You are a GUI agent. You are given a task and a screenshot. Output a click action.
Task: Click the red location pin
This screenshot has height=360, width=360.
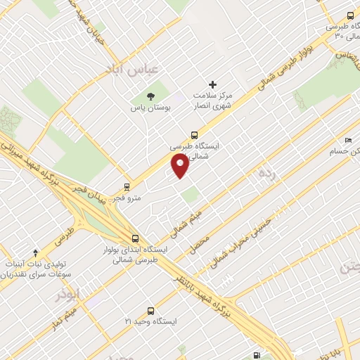click(x=181, y=166)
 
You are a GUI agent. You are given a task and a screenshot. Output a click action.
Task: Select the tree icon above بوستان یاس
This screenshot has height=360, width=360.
click(x=150, y=96)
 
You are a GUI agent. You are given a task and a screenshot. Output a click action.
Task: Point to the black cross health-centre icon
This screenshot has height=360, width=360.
click(x=213, y=84)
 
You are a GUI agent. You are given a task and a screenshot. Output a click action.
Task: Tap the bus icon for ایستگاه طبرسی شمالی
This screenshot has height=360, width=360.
click(x=194, y=135)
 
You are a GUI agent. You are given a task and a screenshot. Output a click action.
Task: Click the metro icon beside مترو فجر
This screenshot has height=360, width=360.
click(x=127, y=187)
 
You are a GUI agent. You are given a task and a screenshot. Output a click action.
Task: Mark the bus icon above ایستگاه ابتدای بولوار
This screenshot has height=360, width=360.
click(x=135, y=238)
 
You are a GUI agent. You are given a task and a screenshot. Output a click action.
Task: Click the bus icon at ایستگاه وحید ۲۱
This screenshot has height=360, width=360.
click(x=150, y=310)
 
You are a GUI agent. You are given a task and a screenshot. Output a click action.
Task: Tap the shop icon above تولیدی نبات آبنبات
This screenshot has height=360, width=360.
click(x=36, y=252)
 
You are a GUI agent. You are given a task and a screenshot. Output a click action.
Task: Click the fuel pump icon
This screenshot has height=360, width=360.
click(x=255, y=354)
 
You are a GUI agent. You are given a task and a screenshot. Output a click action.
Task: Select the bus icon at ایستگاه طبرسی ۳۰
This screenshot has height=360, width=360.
click(x=351, y=15)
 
